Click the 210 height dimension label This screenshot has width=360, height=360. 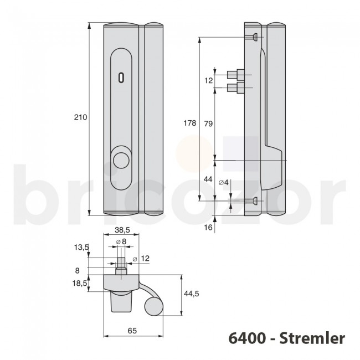tap(80, 117)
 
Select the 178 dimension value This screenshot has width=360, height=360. tap(189, 124)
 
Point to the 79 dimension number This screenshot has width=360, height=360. tap(209, 124)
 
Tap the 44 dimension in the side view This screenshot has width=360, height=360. tap(209, 179)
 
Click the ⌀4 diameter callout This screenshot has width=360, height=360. tap(224, 182)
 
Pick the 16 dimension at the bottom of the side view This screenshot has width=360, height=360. tap(209, 227)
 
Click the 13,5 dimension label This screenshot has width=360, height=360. tap(82, 248)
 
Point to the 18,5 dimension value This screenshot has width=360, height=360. tap(81, 282)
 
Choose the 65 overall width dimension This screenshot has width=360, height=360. tap(132, 331)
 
